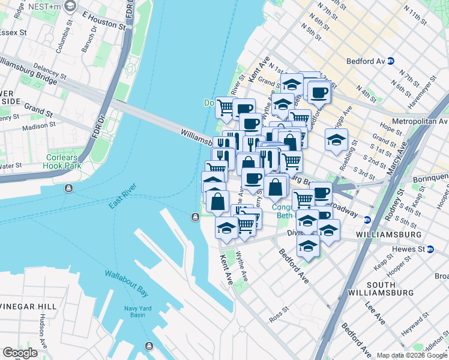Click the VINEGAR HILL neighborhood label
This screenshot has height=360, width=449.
click(28, 306)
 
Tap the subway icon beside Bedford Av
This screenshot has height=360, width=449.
click(390, 61)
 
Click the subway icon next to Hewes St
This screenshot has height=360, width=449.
click(430, 249)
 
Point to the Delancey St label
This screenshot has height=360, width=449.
click(50, 73)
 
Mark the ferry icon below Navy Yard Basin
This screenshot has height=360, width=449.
click(148, 346)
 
